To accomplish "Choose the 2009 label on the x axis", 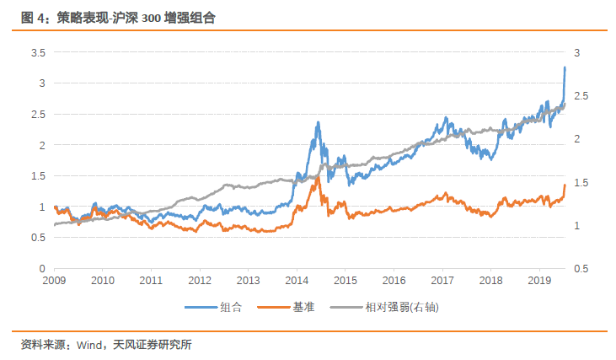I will pyautogui.click(x=54, y=280).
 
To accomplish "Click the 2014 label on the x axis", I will pyautogui.click(x=297, y=280).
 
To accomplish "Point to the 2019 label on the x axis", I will pyautogui.click(x=539, y=280).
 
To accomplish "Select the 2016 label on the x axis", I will pyautogui.click(x=394, y=280).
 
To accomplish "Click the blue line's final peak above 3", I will pyautogui.click(x=564, y=67).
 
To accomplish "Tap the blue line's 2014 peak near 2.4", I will pyautogui.click(x=318, y=122).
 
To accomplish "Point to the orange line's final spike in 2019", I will pyautogui.click(x=564, y=185).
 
